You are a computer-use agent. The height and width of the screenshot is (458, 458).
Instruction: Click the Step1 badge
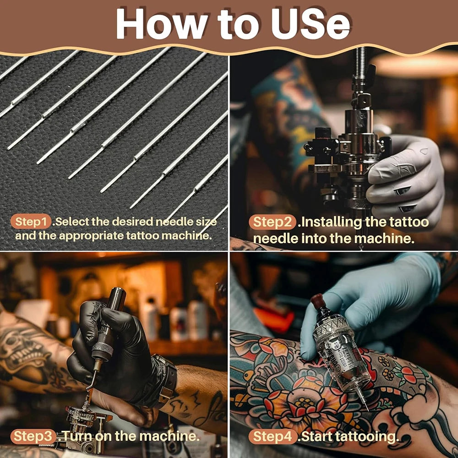[31, 222]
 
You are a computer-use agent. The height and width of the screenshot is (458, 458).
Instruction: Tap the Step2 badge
[273, 222]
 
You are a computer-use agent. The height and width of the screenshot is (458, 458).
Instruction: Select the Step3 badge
[33, 436]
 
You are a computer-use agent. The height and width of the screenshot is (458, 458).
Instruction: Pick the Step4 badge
[273, 436]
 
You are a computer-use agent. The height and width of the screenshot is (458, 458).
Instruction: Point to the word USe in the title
[310, 24]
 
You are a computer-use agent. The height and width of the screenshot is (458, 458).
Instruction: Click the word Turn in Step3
[77, 436]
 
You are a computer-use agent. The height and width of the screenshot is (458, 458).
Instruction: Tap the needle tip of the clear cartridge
[367, 409]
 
